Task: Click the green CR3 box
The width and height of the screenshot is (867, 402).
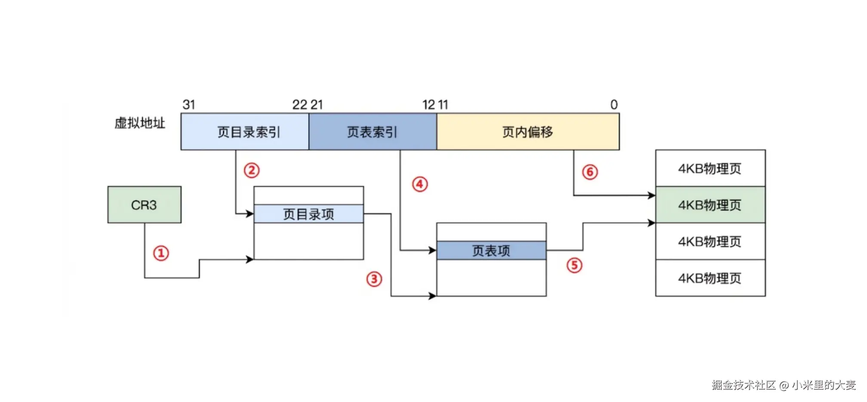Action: click(x=144, y=205)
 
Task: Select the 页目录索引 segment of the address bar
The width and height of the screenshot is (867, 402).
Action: click(x=245, y=132)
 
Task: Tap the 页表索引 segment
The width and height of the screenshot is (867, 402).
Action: click(x=372, y=132)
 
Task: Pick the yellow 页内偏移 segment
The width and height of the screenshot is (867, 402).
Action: click(x=528, y=132)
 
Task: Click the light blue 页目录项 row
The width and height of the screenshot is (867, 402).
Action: click(x=308, y=214)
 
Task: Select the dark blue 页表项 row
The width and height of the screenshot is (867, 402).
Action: click(x=491, y=250)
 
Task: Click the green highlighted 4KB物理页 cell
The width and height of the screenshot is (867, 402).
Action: click(x=710, y=205)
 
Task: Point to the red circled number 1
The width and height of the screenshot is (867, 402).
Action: click(x=161, y=253)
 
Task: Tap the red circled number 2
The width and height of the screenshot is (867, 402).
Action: click(x=252, y=170)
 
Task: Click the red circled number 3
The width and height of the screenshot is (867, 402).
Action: click(x=374, y=279)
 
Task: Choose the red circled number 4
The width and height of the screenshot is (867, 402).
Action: click(x=420, y=184)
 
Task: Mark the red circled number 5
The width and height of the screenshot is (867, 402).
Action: click(x=574, y=265)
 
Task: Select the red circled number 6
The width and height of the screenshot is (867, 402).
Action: click(x=590, y=172)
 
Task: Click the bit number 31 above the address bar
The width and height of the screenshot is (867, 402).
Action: click(x=189, y=105)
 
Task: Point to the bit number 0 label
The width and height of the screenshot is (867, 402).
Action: click(x=614, y=105)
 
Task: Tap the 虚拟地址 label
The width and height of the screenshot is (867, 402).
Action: click(x=140, y=124)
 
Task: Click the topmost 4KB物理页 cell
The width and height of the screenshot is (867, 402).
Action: click(x=710, y=168)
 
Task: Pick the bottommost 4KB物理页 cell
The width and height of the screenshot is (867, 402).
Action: click(x=710, y=278)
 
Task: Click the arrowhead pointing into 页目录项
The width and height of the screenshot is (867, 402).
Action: click(x=249, y=213)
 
